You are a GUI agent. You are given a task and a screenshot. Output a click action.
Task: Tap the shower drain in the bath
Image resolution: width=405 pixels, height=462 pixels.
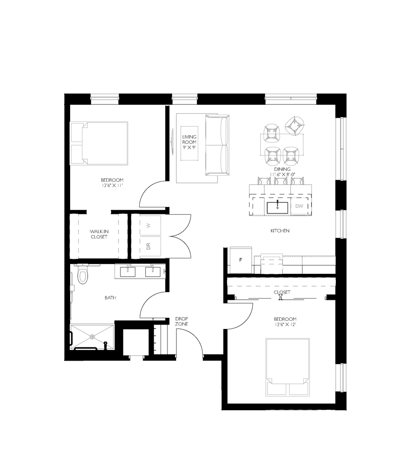(x=92, y=337)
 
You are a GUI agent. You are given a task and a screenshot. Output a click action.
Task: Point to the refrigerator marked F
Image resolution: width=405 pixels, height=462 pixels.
(x=241, y=260)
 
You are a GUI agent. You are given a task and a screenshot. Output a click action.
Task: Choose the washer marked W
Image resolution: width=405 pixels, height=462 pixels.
(x=149, y=225)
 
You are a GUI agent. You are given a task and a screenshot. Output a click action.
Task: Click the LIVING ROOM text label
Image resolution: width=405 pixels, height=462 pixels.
(x=189, y=139)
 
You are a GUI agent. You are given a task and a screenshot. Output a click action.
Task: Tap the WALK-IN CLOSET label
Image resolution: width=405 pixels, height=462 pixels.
(x=98, y=234)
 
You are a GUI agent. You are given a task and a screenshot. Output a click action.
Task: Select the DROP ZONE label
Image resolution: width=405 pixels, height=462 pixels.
(x=182, y=321)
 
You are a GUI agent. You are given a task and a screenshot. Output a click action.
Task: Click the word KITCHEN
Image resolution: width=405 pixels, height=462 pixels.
(x=280, y=231)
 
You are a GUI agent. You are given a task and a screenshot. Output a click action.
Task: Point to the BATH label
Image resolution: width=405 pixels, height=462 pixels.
(x=111, y=298)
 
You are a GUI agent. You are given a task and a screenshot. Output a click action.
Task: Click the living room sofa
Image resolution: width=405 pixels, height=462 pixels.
(x=217, y=145)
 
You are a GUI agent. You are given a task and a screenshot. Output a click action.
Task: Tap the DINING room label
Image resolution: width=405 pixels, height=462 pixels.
(x=283, y=169)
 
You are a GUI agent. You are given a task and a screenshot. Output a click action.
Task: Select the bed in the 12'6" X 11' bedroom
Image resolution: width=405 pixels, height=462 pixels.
(x=99, y=143)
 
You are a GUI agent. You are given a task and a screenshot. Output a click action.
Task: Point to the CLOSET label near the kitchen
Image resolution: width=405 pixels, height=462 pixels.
(x=282, y=293)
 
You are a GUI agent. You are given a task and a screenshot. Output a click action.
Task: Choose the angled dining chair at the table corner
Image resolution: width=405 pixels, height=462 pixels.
(x=294, y=126)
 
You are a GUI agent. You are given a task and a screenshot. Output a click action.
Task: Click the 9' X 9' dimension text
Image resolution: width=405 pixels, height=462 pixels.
(x=189, y=148)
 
